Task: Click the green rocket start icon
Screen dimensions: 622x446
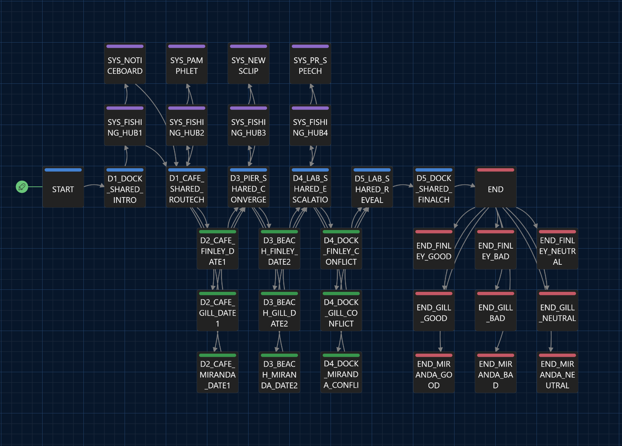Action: pyautogui.click(x=22, y=187)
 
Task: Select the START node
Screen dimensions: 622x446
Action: pyautogui.click(x=63, y=187)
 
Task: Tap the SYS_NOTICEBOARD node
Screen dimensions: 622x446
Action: pyautogui.click(x=125, y=63)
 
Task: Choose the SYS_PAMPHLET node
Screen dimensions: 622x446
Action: pyautogui.click(x=187, y=63)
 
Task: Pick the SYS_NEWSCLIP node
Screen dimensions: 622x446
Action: pyautogui.click(x=249, y=63)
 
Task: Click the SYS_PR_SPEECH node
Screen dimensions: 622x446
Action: pyautogui.click(x=310, y=63)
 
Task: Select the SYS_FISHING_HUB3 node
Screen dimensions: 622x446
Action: pyautogui.click(x=249, y=125)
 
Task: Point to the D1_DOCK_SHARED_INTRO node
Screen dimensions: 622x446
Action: pyautogui.click(x=125, y=187)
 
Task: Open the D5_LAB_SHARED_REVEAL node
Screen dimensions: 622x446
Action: pyautogui.click(x=372, y=187)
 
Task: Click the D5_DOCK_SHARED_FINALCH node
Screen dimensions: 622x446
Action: pyautogui.click(x=434, y=187)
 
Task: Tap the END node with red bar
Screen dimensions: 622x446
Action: pyautogui.click(x=496, y=187)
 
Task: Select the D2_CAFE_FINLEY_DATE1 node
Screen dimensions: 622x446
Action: pyautogui.click(x=218, y=249)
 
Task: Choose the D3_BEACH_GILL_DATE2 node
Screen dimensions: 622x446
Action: pyautogui.click(x=279, y=310)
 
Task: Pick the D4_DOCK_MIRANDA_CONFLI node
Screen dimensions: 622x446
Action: pyautogui.click(x=341, y=372)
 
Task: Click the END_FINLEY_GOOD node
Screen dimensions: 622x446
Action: pyautogui.click(x=434, y=249)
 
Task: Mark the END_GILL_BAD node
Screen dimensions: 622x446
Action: pyautogui.click(x=496, y=310)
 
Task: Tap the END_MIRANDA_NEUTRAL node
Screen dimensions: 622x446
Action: pyautogui.click(x=557, y=372)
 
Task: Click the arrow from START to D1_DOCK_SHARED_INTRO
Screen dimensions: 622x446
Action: pyautogui.click(x=94, y=185)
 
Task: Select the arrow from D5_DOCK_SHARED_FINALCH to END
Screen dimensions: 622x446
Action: pyautogui.click(x=465, y=185)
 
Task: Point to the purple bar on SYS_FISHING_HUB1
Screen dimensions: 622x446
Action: pyautogui.click(x=125, y=108)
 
